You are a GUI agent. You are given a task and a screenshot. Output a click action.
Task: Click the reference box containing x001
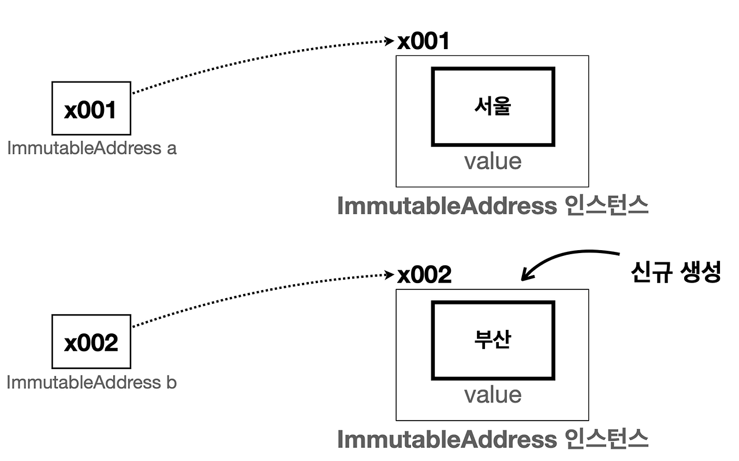click(x=91, y=109)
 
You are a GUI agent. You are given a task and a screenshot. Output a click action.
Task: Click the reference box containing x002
click(x=91, y=342)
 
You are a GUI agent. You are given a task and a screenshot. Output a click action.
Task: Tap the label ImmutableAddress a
click(x=92, y=148)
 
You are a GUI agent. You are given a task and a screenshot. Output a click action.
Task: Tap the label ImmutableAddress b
click(x=92, y=382)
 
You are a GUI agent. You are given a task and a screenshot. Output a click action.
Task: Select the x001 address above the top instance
click(x=423, y=42)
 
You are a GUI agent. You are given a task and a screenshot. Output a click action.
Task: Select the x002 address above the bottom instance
click(x=424, y=275)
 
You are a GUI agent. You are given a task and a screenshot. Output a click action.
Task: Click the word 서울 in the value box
click(x=493, y=106)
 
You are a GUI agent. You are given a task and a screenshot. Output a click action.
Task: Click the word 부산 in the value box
click(x=493, y=340)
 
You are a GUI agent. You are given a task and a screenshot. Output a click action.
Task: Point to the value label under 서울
click(x=492, y=161)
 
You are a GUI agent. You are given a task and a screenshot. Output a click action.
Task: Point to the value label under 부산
click(x=492, y=395)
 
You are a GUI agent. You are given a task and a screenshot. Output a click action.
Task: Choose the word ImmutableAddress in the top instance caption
click(x=446, y=206)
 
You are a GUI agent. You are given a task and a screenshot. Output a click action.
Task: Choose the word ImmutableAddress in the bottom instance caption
click(x=446, y=440)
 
